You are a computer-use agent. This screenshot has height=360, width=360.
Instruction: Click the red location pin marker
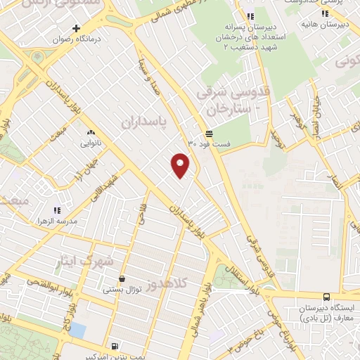click(x=181, y=165)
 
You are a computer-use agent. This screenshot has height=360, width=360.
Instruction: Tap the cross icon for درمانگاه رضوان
click(x=77, y=29)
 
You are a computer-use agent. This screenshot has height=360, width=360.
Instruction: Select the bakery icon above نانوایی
click(x=91, y=132)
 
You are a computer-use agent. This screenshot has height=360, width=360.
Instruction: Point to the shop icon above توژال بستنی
click(x=122, y=278)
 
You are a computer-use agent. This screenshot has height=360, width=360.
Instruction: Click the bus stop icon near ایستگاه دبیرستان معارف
click(x=326, y=297)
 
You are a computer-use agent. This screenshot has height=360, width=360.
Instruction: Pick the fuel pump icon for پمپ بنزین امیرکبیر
click(x=115, y=345)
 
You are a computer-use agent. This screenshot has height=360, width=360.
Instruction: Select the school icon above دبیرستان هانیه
click(x=326, y=13)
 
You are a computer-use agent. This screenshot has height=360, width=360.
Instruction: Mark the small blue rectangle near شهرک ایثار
click(x=77, y=330)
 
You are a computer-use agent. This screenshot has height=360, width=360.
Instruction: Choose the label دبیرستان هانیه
click(x=337, y=24)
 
